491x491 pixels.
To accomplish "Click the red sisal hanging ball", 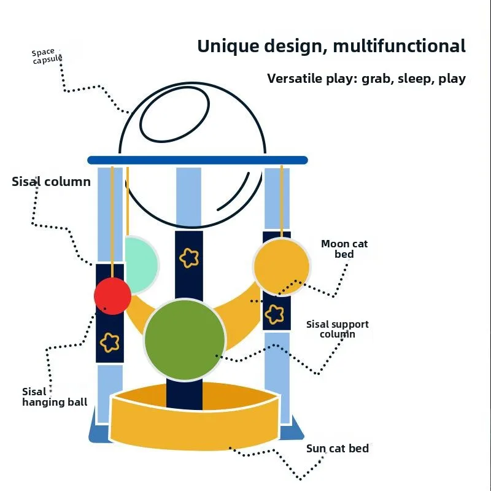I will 112,296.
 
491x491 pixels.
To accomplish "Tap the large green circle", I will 185,339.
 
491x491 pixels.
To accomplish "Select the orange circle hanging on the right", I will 281,266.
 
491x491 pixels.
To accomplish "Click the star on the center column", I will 189,258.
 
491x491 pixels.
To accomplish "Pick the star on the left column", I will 110,342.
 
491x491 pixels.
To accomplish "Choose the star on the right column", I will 274,314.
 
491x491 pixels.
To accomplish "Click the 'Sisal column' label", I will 51,182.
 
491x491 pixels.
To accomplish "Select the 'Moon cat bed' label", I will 344,249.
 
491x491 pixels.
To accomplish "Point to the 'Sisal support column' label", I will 337,329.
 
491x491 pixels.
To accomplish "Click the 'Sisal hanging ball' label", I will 54,397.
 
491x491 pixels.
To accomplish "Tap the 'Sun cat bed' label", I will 338,449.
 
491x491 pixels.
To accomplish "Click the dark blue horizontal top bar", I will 197,160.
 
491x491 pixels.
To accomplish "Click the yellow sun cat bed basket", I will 195,423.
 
